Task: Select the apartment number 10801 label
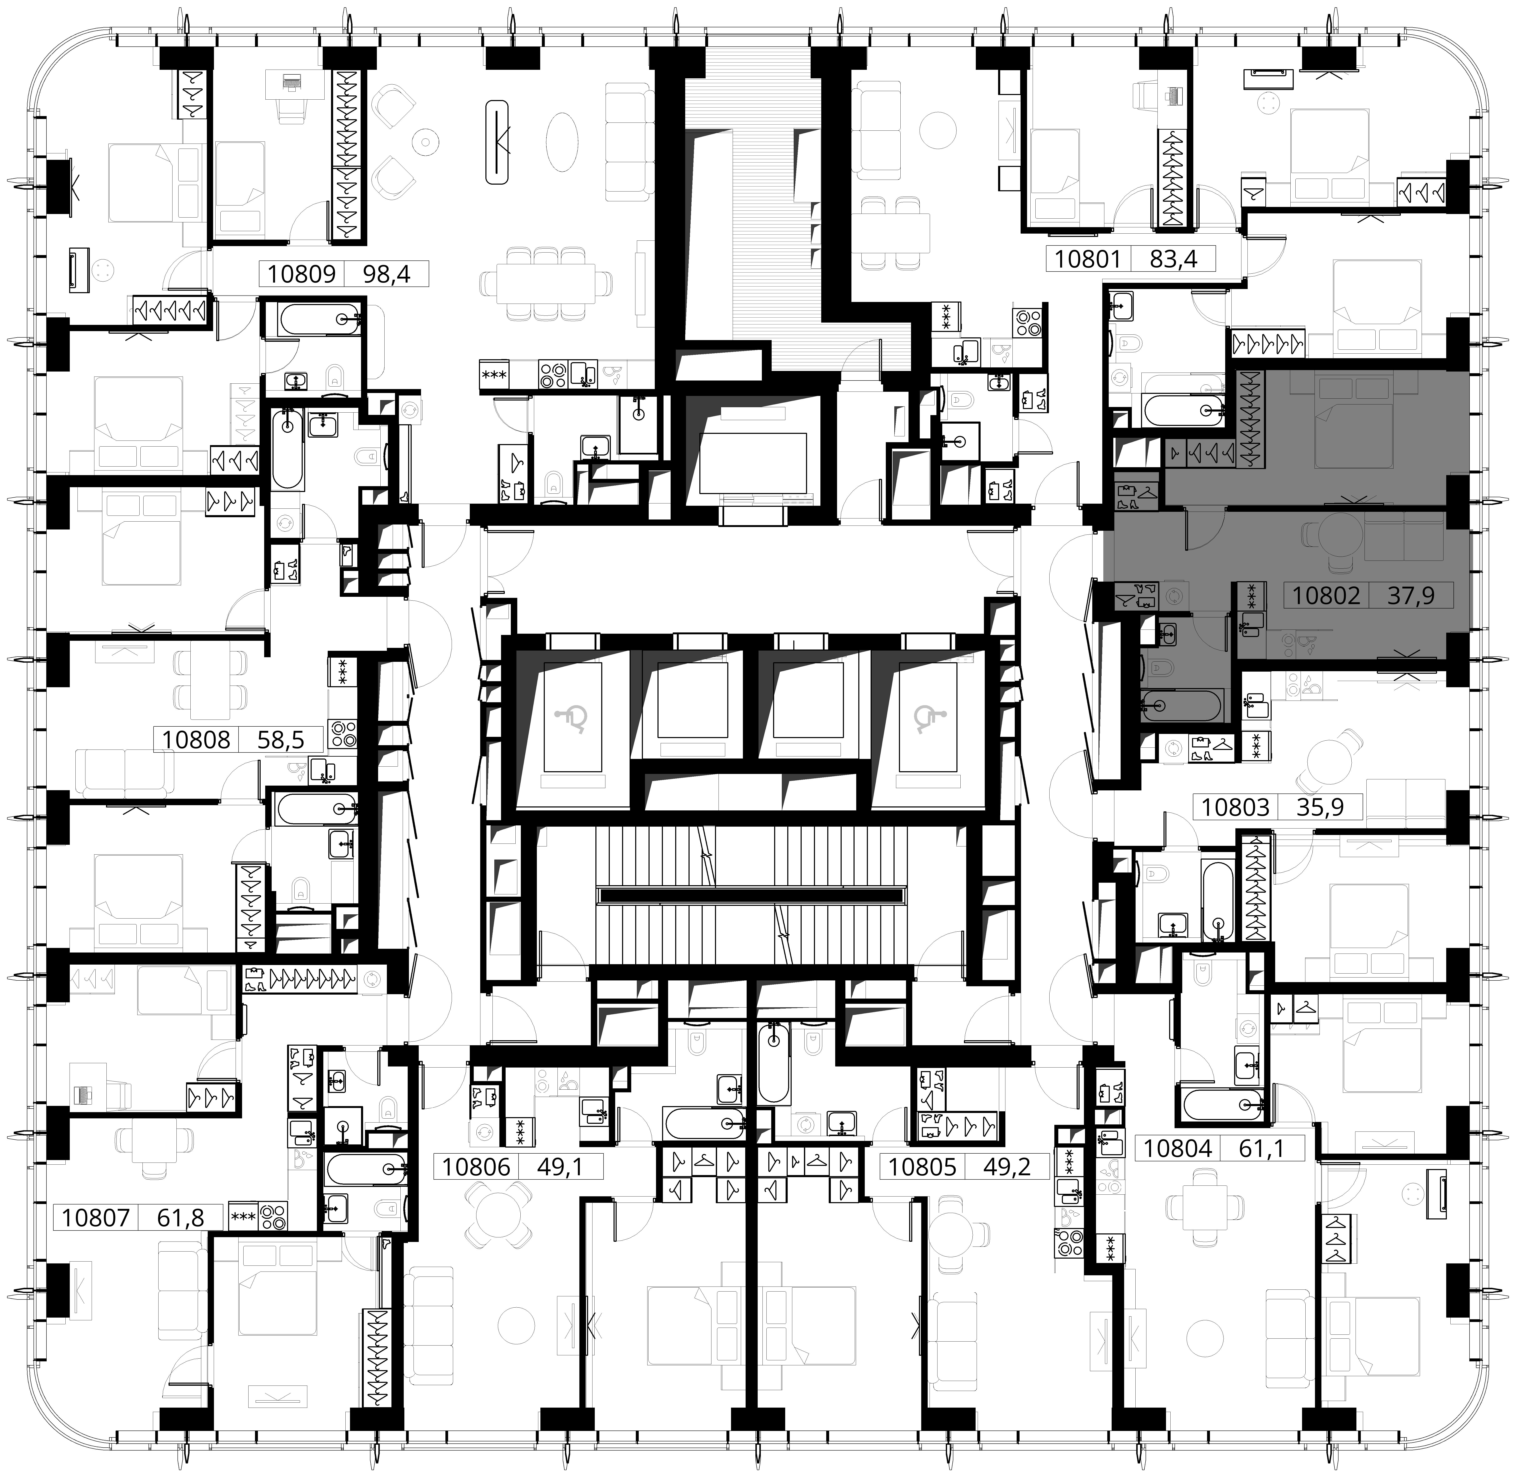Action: pyautogui.click(x=1088, y=258)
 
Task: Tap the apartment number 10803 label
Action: pyautogui.click(x=1235, y=807)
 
